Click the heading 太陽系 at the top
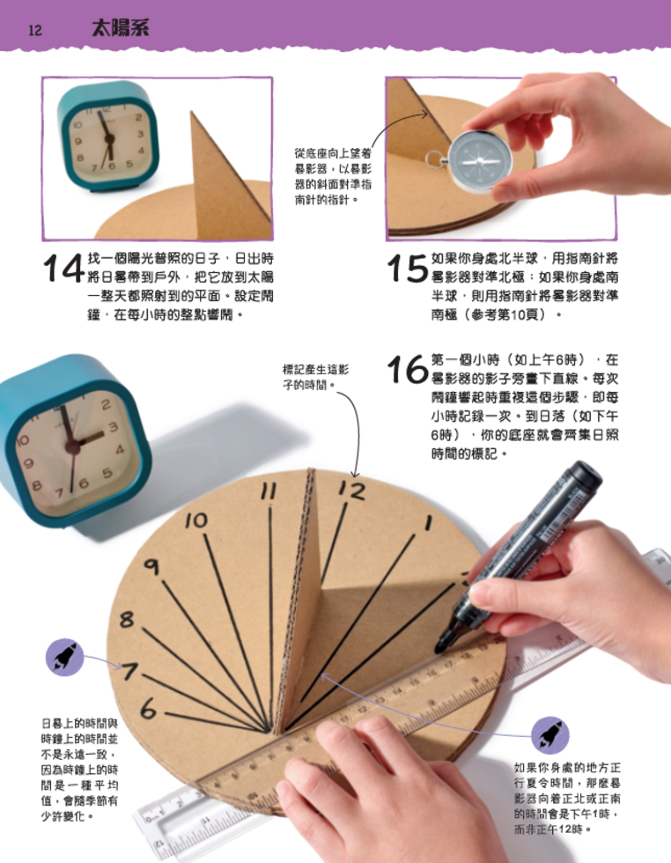coord(120,28)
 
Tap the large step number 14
coord(63,269)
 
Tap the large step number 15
coord(408,269)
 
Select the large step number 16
coord(408,371)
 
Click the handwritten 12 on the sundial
coord(351,491)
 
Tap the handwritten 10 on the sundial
coord(196,520)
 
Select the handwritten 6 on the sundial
coord(148,707)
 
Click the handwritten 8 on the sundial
coord(127,620)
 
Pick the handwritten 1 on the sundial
coord(429,523)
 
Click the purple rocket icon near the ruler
coord(549,734)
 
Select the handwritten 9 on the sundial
coord(151,568)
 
